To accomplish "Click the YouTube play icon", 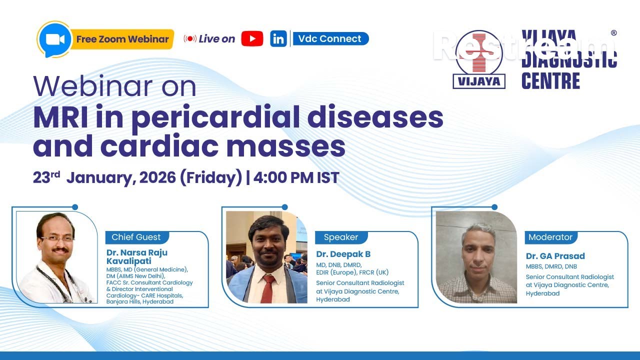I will point(252,38).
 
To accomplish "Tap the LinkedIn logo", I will point(278,38).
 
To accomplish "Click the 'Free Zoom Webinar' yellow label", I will point(122,39).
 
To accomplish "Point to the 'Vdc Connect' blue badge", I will point(330,38).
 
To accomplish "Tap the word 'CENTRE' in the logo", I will point(550,80).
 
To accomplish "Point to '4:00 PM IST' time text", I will point(296,177).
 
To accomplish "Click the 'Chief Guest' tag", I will point(136,237).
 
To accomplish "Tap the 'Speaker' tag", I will point(341,237).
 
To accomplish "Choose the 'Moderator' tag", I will point(550,237).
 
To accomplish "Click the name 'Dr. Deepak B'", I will point(343,254).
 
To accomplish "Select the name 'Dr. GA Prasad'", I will point(555,256).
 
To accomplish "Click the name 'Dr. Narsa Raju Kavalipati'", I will point(136,256).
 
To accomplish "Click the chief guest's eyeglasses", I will point(56,239).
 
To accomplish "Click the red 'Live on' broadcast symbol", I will point(190,38).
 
